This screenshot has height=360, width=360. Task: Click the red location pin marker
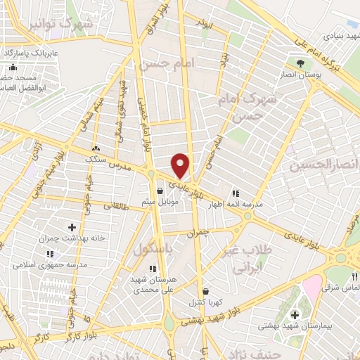coord(181,165)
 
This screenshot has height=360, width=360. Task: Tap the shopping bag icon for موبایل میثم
coord(160,191)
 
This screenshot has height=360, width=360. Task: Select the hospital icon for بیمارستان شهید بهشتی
coord(295,312)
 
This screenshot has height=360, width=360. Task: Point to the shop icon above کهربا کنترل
coord(205,290)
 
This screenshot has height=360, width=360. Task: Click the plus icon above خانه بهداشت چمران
coord(72,227)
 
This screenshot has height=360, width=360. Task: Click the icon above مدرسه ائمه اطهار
coord(236,193)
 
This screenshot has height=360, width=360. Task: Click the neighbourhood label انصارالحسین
coord(323,165)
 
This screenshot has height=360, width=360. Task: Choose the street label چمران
coord(200,232)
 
